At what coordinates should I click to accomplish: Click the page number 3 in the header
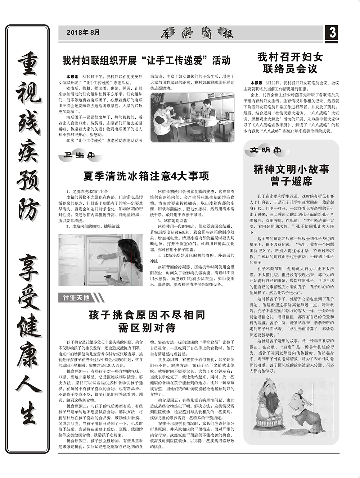point(332,33)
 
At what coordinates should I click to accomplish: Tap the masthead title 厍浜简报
point(197,33)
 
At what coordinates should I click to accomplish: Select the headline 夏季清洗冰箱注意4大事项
point(146,176)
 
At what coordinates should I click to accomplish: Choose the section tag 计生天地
point(76,298)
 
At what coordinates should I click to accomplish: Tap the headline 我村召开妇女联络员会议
point(290,63)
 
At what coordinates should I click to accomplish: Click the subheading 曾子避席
point(291,181)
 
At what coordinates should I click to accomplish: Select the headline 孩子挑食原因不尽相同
point(147,315)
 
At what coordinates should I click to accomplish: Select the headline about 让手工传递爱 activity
point(146,60)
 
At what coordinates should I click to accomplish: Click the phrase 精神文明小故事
point(291,169)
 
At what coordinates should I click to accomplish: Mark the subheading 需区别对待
point(147,328)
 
